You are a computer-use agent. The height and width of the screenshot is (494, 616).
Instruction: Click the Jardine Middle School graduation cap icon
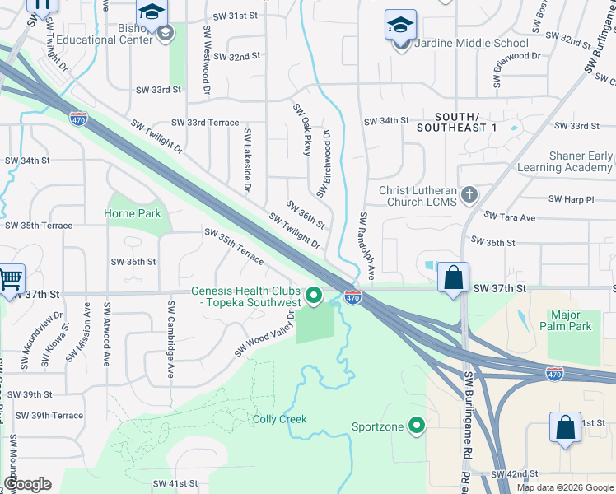pos(400,26)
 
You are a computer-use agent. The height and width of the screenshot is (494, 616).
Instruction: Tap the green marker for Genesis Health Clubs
pos(314,295)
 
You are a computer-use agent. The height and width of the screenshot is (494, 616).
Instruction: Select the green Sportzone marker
pos(417,426)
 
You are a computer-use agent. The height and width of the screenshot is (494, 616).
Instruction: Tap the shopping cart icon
pos(10,281)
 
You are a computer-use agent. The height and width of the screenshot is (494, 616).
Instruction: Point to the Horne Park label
pos(132,213)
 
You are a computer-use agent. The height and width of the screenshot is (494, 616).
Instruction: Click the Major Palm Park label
pos(571,320)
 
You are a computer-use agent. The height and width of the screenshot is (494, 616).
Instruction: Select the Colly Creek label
pos(279,419)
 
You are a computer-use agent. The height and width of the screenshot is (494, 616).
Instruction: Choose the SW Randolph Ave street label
pos(367,246)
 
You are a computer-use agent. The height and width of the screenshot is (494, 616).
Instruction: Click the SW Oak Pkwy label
pos(301,130)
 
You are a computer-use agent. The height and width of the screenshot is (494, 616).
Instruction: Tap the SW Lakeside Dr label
pos(245,160)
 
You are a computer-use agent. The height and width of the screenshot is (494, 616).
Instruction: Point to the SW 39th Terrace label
pos(50,416)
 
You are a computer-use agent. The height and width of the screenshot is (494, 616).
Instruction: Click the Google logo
pos(27,484)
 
